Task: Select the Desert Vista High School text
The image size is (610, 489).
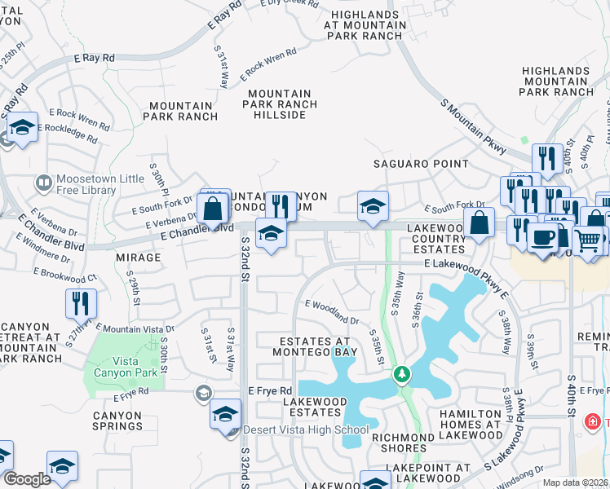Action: (305, 430)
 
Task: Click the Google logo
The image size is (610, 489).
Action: (27, 479)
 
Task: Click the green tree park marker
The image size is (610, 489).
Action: (401, 375)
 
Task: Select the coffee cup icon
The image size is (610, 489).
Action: (542, 237)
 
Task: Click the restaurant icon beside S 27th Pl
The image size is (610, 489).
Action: (81, 303)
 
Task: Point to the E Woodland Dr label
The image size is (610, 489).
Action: (332, 311)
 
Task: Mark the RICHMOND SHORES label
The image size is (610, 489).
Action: (402, 443)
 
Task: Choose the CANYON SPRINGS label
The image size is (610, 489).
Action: (117, 421)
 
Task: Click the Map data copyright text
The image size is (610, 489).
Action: (574, 482)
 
